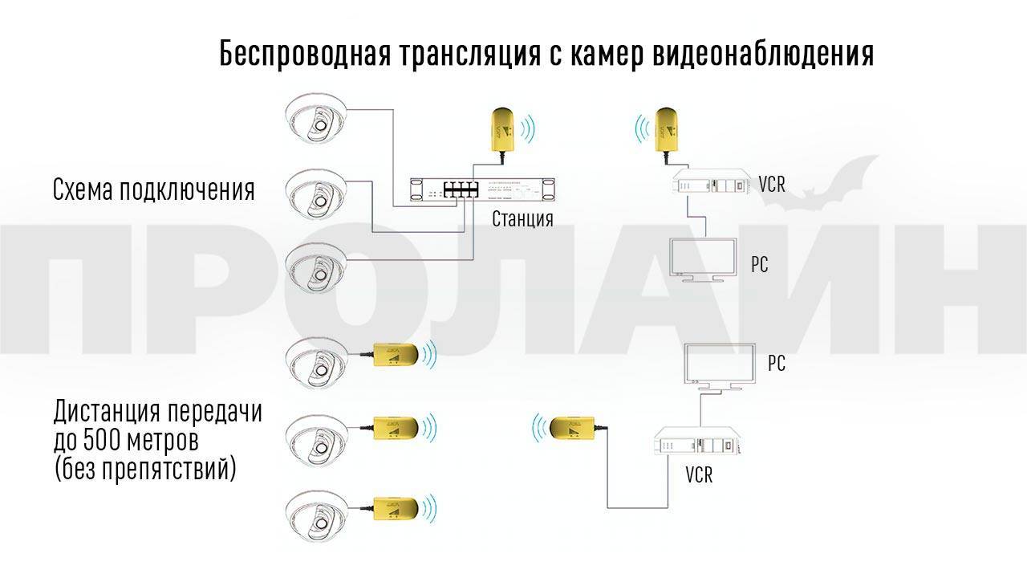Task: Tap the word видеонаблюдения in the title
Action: tap(764, 55)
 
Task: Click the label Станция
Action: tap(522, 218)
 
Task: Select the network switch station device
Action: tap(482, 191)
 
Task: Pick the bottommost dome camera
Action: tap(316, 514)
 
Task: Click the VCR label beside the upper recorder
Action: tap(771, 185)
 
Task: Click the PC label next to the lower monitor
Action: tap(776, 364)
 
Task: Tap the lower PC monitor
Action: tap(719, 366)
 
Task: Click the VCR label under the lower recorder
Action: tap(699, 474)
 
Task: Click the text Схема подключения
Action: tap(153, 190)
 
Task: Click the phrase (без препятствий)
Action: tap(145, 468)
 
